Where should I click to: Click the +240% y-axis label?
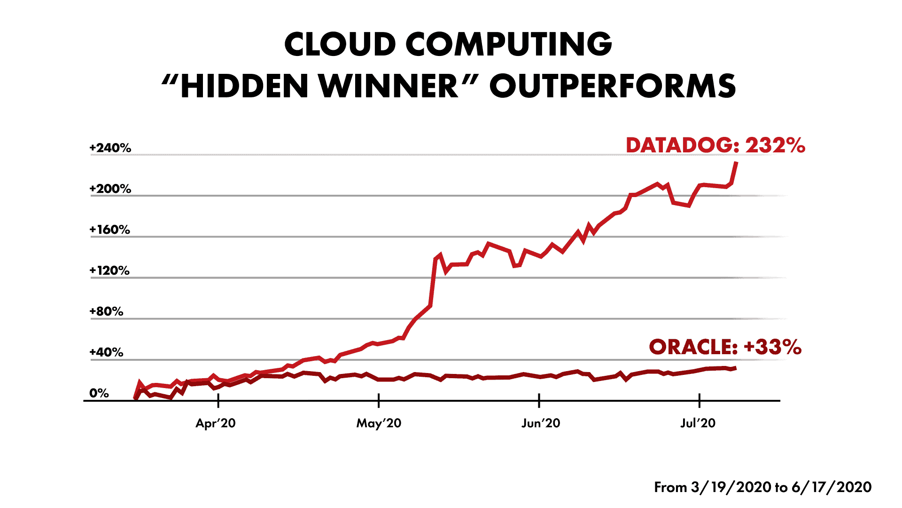point(110,148)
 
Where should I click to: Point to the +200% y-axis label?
point(110,189)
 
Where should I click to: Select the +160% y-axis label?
point(110,230)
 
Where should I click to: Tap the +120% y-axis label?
point(109,270)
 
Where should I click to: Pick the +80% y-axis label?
point(107,311)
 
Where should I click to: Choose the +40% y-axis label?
point(107,352)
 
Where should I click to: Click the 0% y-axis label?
point(99,393)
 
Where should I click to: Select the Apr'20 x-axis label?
point(216,423)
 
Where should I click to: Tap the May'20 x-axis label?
point(379,423)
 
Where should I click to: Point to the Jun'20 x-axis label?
point(541,423)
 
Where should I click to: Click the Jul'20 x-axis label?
point(698,423)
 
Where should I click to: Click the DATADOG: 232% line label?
point(715,145)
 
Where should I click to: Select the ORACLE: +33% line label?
point(725,347)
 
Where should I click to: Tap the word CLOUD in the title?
point(340,44)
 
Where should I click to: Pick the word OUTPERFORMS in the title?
point(613,86)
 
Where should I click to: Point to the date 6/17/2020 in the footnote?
point(832,487)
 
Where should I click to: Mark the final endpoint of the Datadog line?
point(736,163)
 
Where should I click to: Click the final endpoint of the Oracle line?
point(735,368)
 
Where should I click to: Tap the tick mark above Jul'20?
point(700,400)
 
